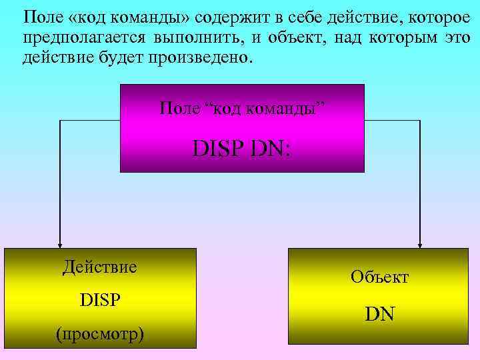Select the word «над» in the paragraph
point(361,37)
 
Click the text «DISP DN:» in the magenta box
point(242,147)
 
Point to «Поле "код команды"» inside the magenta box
point(243,108)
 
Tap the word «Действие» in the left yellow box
point(100,267)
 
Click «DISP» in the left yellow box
point(100,299)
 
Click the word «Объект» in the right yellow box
point(379,276)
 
